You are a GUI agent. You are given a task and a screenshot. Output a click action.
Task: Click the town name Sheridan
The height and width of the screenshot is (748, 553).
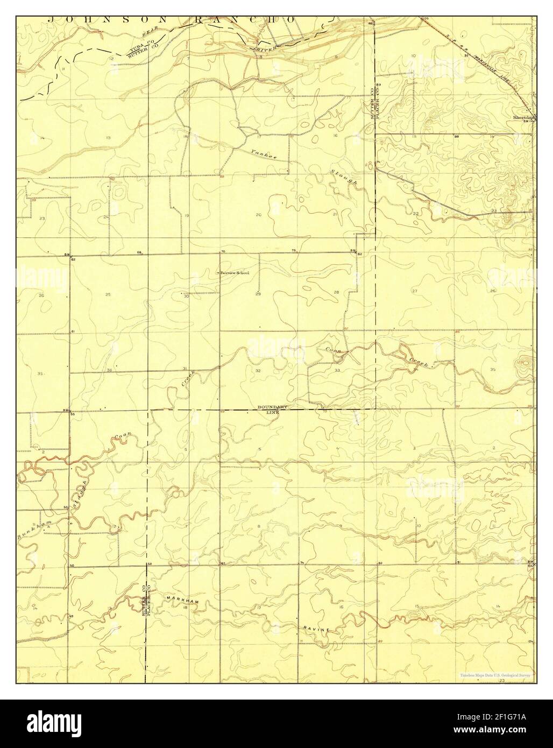(523, 116)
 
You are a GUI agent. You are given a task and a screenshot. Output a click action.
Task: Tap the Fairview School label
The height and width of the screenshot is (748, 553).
(234, 273)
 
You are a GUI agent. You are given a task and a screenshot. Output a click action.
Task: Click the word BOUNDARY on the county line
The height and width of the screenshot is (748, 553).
(274, 407)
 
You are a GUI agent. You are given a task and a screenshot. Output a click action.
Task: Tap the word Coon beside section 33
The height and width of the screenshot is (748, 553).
(331, 350)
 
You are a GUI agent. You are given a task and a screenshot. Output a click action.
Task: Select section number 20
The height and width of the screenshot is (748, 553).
(258, 215)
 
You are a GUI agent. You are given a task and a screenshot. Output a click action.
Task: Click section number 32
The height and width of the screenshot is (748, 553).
(258, 371)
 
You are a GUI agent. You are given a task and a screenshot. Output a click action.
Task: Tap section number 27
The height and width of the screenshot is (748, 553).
(415, 291)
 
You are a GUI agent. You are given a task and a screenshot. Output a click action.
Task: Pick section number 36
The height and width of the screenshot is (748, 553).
(109, 370)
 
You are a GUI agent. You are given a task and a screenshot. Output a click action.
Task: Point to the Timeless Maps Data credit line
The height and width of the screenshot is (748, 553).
(495, 674)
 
